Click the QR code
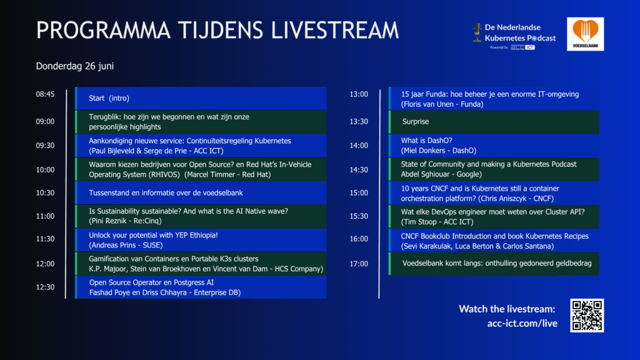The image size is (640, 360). [x=587, y=316]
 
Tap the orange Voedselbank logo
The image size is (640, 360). [x=585, y=34]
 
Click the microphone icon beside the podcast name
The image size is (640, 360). [x=477, y=32]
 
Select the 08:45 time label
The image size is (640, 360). [x=45, y=94]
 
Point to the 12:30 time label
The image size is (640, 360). [x=45, y=287]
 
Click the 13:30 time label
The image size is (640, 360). [x=359, y=122]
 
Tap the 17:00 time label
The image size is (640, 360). [x=359, y=264]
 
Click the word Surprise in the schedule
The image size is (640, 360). [x=416, y=122]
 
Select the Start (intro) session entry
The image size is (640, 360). [x=109, y=98]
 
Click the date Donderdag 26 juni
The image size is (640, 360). [x=75, y=66]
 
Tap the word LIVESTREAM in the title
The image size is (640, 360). [x=335, y=30]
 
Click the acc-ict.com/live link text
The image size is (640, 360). [x=522, y=323]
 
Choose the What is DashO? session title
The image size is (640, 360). [x=426, y=141]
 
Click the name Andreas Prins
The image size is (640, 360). [x=112, y=245]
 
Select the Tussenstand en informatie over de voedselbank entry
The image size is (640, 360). [x=166, y=193]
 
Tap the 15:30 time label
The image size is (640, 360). [x=359, y=216]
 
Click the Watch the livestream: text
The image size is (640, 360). [x=507, y=309]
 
